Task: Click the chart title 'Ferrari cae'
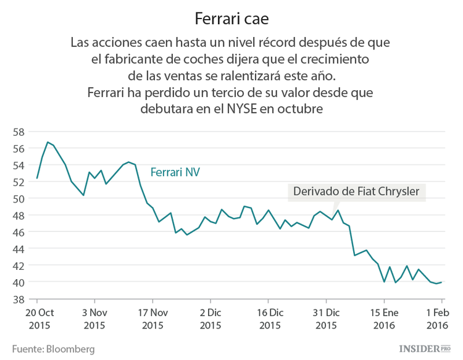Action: point(231,19)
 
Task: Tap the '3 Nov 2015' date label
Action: point(94,318)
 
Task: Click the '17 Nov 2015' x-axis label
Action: point(152,318)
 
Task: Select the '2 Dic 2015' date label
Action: point(211,318)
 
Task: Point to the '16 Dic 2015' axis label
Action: point(269,318)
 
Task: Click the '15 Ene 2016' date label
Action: point(384,318)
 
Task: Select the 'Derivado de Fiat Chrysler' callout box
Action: point(356,191)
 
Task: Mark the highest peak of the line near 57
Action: point(48,142)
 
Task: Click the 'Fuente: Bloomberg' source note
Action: point(53,349)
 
